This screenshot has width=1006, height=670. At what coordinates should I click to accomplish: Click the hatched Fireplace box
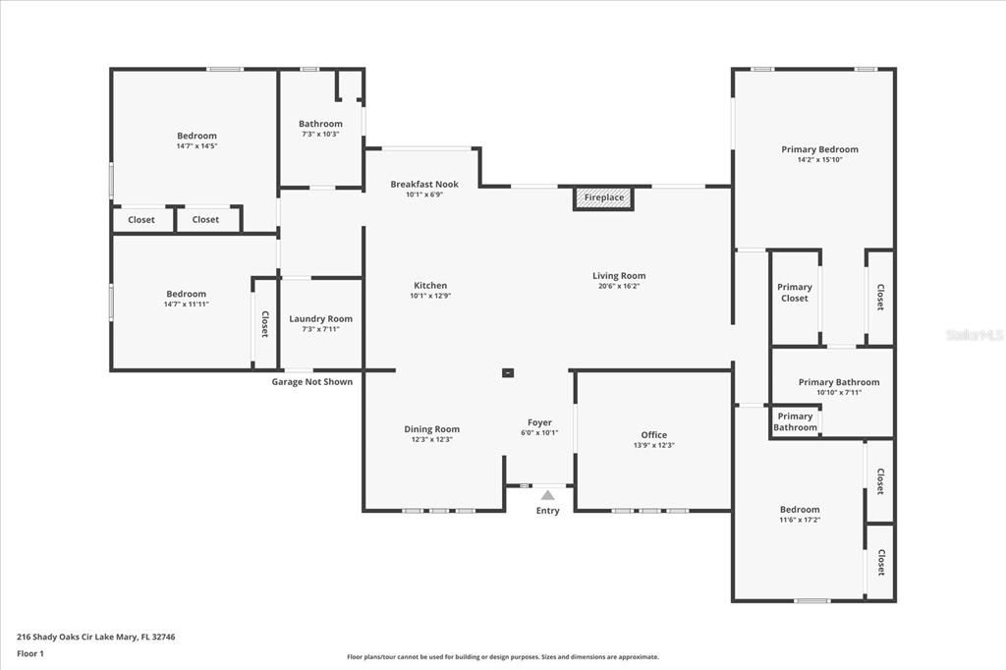tap(603, 197)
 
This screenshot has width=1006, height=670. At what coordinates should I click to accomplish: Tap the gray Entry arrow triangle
tap(547, 495)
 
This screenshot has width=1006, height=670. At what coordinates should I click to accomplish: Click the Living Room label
tap(619, 276)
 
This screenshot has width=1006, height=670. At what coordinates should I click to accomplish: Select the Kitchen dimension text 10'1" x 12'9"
tap(430, 296)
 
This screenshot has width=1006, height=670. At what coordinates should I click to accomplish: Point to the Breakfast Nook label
tap(424, 184)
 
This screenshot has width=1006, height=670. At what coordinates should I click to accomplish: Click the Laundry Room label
tap(321, 319)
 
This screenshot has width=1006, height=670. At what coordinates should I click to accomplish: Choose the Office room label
tap(653, 435)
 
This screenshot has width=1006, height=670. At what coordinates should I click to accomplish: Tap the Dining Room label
tap(432, 429)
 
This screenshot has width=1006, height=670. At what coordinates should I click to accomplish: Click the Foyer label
tap(539, 422)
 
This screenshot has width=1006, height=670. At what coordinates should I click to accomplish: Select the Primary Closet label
tap(795, 293)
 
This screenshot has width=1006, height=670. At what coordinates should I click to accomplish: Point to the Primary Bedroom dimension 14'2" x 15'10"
tap(820, 160)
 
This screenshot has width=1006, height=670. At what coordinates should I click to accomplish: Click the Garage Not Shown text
tap(312, 382)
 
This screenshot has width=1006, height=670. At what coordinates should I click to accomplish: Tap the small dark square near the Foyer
tap(508, 372)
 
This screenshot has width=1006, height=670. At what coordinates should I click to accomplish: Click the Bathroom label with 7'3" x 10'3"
tap(321, 124)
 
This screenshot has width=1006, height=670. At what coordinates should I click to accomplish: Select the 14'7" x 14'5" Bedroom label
tap(196, 136)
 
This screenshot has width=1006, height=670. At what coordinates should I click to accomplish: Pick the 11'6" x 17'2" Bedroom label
tap(800, 510)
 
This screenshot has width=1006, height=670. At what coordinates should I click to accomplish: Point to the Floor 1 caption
tap(30, 654)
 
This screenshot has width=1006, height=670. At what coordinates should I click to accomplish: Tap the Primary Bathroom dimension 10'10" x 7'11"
tap(839, 393)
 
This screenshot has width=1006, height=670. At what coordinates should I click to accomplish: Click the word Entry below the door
tap(548, 511)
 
